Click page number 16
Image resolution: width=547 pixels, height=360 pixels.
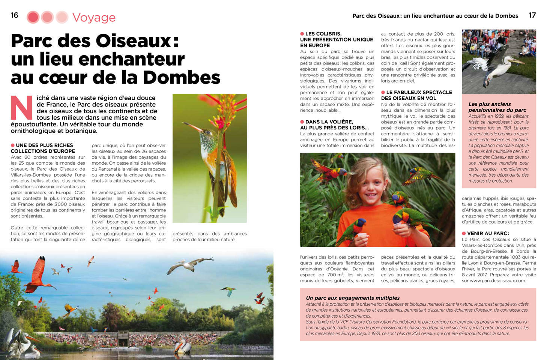click(x=15, y=15)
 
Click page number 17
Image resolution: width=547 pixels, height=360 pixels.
click(x=532, y=15)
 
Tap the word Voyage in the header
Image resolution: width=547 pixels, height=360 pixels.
click(x=94, y=18)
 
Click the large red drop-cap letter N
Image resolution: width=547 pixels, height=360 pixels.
click(x=21, y=108)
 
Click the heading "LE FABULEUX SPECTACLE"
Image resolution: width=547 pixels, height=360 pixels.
click(x=419, y=92)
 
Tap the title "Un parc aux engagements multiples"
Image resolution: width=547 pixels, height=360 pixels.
click(x=353, y=298)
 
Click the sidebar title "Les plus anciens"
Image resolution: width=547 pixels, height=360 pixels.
click(x=490, y=104)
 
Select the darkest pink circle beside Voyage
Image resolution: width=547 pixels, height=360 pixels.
click(x=33, y=17)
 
